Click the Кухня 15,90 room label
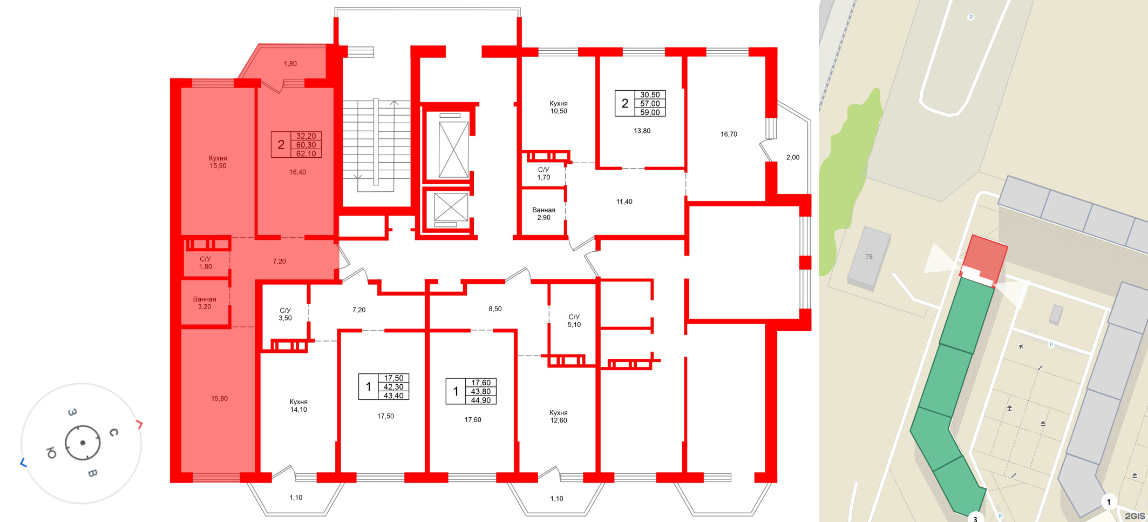[x=218, y=162]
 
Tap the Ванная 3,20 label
[x=205, y=303]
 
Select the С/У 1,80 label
[x=206, y=263]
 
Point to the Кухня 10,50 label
[x=559, y=107]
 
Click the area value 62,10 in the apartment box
[x=306, y=153]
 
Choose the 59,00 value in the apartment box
[x=650, y=112]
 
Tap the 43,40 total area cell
[x=393, y=396]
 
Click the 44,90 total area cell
[x=481, y=400]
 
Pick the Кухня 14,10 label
[x=298, y=405]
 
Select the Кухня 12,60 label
[x=559, y=416]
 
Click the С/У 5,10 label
[x=574, y=320]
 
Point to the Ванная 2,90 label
[x=544, y=213]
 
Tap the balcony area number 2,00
[x=793, y=157]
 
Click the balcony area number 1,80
[x=290, y=63]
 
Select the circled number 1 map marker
[x=1109, y=502]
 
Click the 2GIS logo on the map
[x=1135, y=516]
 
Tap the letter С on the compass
[x=113, y=432]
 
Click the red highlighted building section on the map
[x=984, y=260]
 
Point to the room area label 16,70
[x=729, y=134]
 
